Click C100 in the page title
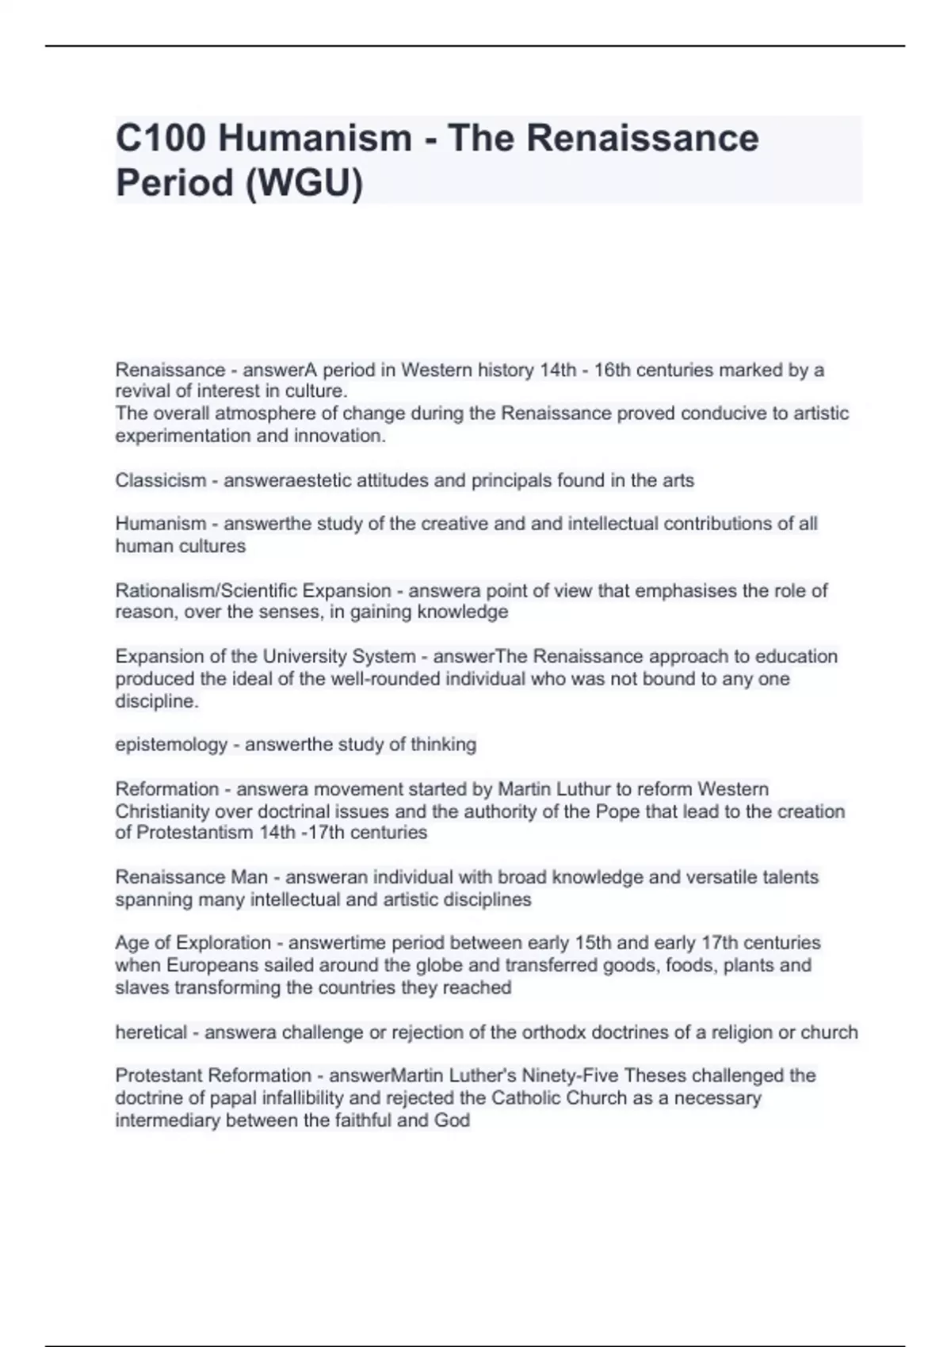(x=160, y=139)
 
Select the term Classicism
(x=160, y=480)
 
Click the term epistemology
(x=171, y=745)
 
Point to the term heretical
(x=151, y=1032)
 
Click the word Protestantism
(x=189, y=833)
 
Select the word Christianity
(x=162, y=811)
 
